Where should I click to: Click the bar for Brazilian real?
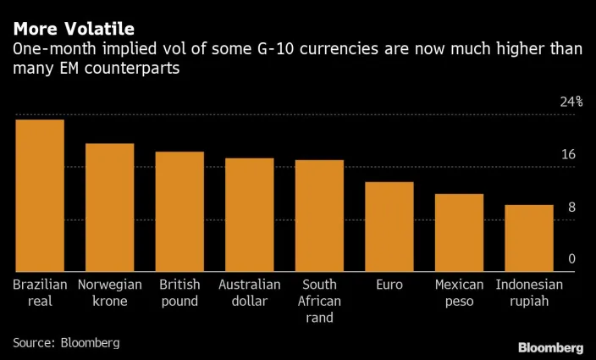point(40,196)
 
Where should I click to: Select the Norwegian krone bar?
point(109,208)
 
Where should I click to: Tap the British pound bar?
point(179,212)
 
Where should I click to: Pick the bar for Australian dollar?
point(249,215)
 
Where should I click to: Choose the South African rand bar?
point(319,216)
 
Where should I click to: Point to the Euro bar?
point(389,227)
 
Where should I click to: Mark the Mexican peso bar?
point(459,233)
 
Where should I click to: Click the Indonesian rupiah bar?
point(529,238)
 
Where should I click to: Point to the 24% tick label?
point(571,102)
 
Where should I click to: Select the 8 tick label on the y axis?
point(571,207)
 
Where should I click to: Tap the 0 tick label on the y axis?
point(571,259)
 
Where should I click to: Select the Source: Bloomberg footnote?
point(66,342)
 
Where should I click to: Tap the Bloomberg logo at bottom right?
point(550,347)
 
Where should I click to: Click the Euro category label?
point(389,285)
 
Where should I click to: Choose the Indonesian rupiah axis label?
point(529,292)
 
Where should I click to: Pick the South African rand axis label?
point(319,301)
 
